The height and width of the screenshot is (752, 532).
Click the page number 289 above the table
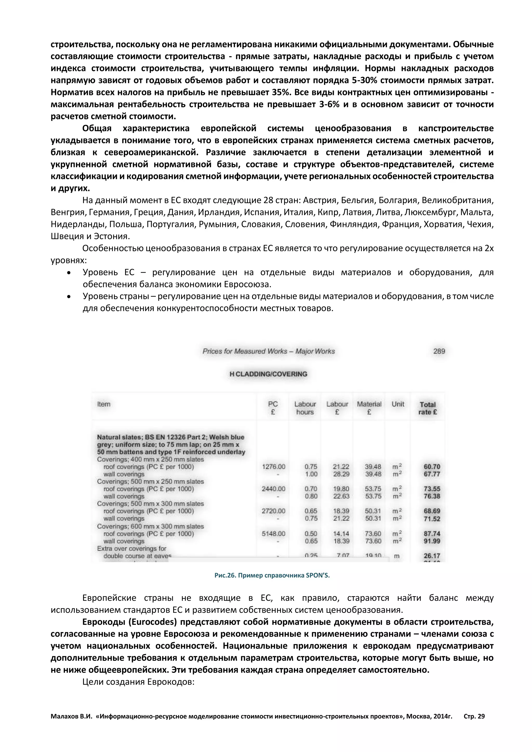439,351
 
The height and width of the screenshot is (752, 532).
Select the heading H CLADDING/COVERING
268,374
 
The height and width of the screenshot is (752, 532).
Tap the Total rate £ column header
428,408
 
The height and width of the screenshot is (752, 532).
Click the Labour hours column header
305,408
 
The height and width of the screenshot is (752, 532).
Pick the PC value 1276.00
274,467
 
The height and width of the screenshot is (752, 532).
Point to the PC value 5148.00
274,534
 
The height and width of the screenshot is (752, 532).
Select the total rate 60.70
432,467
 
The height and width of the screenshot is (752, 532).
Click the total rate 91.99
432,541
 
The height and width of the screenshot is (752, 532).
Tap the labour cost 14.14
341,534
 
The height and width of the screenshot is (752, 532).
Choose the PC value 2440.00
274,489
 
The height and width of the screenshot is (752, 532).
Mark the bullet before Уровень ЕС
69,272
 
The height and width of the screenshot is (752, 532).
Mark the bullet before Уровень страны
69,296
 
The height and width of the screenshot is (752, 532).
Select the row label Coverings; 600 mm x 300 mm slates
150,526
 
